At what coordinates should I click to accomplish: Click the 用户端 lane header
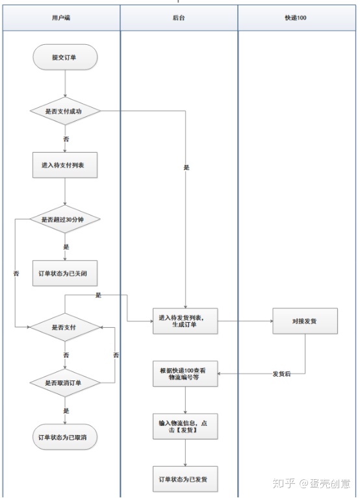click(x=61, y=18)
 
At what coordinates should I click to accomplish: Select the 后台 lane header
click(x=179, y=18)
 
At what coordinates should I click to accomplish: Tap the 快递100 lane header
click(x=296, y=18)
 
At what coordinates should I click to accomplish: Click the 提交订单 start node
click(x=65, y=58)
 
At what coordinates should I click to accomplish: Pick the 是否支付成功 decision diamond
click(x=65, y=111)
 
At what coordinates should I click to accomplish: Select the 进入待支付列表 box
click(x=65, y=165)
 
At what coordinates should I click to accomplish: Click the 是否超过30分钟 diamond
click(x=65, y=220)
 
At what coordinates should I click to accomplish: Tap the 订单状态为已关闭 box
click(x=65, y=273)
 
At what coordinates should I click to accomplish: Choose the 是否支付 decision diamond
click(x=65, y=328)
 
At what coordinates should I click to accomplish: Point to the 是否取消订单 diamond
click(x=65, y=383)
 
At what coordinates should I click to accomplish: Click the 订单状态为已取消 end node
click(x=65, y=438)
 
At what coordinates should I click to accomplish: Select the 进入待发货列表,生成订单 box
click(x=185, y=321)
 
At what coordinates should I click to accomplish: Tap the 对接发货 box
click(x=305, y=321)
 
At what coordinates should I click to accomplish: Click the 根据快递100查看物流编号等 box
click(x=185, y=374)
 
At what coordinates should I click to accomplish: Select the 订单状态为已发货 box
click(x=185, y=479)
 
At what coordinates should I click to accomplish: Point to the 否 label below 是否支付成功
click(x=65, y=139)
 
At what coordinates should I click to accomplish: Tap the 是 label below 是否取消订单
click(x=65, y=410)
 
